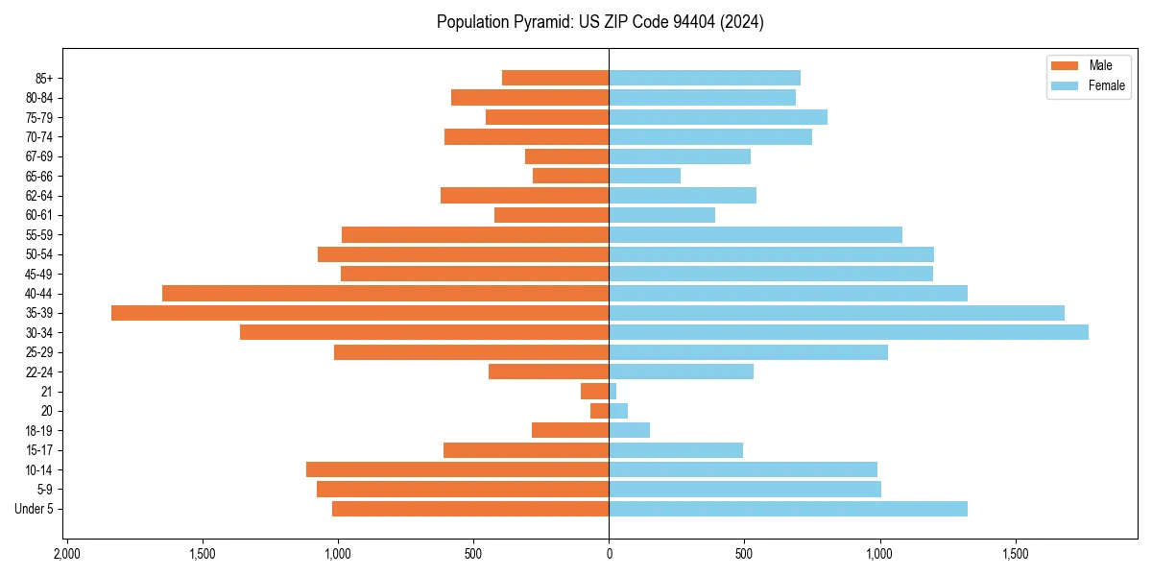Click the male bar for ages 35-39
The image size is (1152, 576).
(x=360, y=313)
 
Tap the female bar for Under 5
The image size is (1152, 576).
(x=788, y=509)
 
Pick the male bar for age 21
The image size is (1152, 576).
(x=595, y=392)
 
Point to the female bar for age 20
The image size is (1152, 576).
(x=618, y=411)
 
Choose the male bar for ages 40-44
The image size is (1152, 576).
(x=385, y=293)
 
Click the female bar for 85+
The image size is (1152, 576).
(x=705, y=78)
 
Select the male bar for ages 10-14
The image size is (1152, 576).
(x=457, y=469)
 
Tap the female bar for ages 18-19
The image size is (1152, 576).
(x=629, y=430)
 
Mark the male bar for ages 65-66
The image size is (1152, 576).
(x=570, y=176)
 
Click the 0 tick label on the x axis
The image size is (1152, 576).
(x=609, y=554)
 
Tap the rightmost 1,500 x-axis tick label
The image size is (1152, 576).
(x=1015, y=554)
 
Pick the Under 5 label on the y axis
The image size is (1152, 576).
(x=34, y=509)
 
